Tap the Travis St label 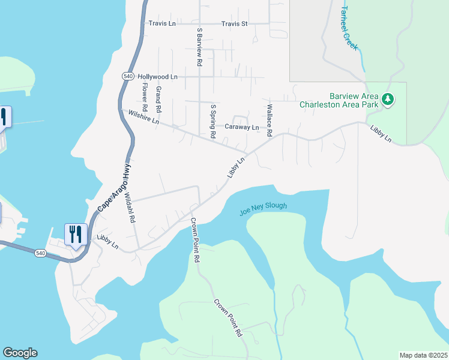[234, 24]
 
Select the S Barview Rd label [199, 46]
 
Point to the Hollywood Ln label [158, 77]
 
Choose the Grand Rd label [158, 100]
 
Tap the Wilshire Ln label [139, 116]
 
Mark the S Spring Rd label [212, 122]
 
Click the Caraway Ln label [241, 127]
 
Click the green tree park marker [388, 99]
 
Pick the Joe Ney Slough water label [263, 209]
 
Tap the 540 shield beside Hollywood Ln [127, 76]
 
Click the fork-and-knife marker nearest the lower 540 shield [75, 234]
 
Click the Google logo [20, 353]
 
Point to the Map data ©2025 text [423, 355]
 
